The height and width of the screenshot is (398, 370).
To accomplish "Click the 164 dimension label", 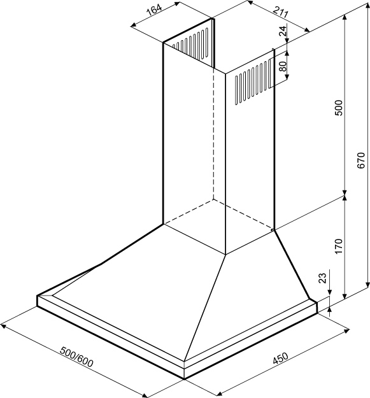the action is point(154,11).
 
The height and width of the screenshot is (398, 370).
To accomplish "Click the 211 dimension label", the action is point(281,12).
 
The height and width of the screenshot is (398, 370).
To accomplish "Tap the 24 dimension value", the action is point(283,30).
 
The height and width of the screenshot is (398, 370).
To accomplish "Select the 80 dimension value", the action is point(283,66).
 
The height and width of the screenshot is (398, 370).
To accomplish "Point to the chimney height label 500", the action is point(339,108).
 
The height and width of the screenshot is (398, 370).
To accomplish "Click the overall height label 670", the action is point(360,160).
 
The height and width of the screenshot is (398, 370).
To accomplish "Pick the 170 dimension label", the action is point(339,246).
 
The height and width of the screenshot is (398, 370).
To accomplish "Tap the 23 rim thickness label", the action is point(322,278).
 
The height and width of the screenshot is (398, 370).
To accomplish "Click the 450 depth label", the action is point(280,359).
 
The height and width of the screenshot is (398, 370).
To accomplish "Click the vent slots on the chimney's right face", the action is point(252,82).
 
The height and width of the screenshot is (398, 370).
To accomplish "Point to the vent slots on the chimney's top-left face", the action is point(190,44).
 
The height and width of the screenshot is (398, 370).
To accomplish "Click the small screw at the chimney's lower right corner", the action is point(273,230).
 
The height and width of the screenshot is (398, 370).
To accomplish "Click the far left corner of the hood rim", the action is point(38,295).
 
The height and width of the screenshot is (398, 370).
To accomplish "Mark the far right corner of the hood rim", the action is point(317,302).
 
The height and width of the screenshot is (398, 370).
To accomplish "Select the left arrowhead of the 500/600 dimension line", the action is point(3,325).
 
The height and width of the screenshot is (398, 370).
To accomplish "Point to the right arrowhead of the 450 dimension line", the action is point(346,331).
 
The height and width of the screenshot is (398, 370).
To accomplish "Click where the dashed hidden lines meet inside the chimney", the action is point(213,199).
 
